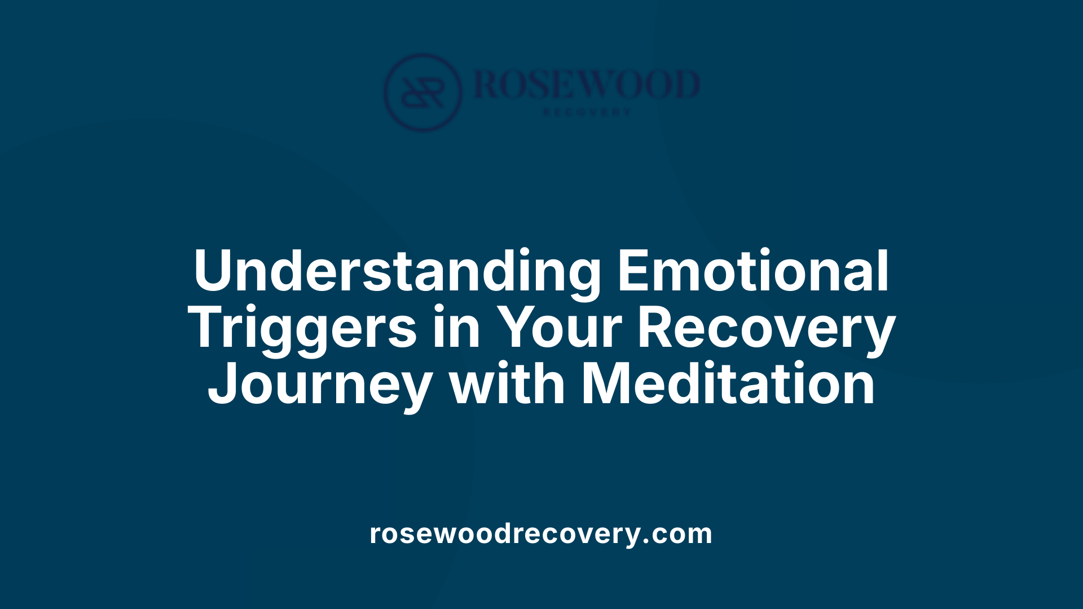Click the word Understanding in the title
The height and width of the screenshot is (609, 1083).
click(x=397, y=271)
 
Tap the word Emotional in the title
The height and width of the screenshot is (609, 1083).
click(x=754, y=271)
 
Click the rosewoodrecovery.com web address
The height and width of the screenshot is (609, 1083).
click(x=541, y=534)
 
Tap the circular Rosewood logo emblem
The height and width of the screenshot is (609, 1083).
click(x=422, y=92)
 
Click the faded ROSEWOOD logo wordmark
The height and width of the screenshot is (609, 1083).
click(x=587, y=85)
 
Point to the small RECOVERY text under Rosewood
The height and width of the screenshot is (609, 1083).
click(x=587, y=112)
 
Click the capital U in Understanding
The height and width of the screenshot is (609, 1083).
click(x=214, y=271)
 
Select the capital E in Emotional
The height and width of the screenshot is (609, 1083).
click(x=633, y=271)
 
